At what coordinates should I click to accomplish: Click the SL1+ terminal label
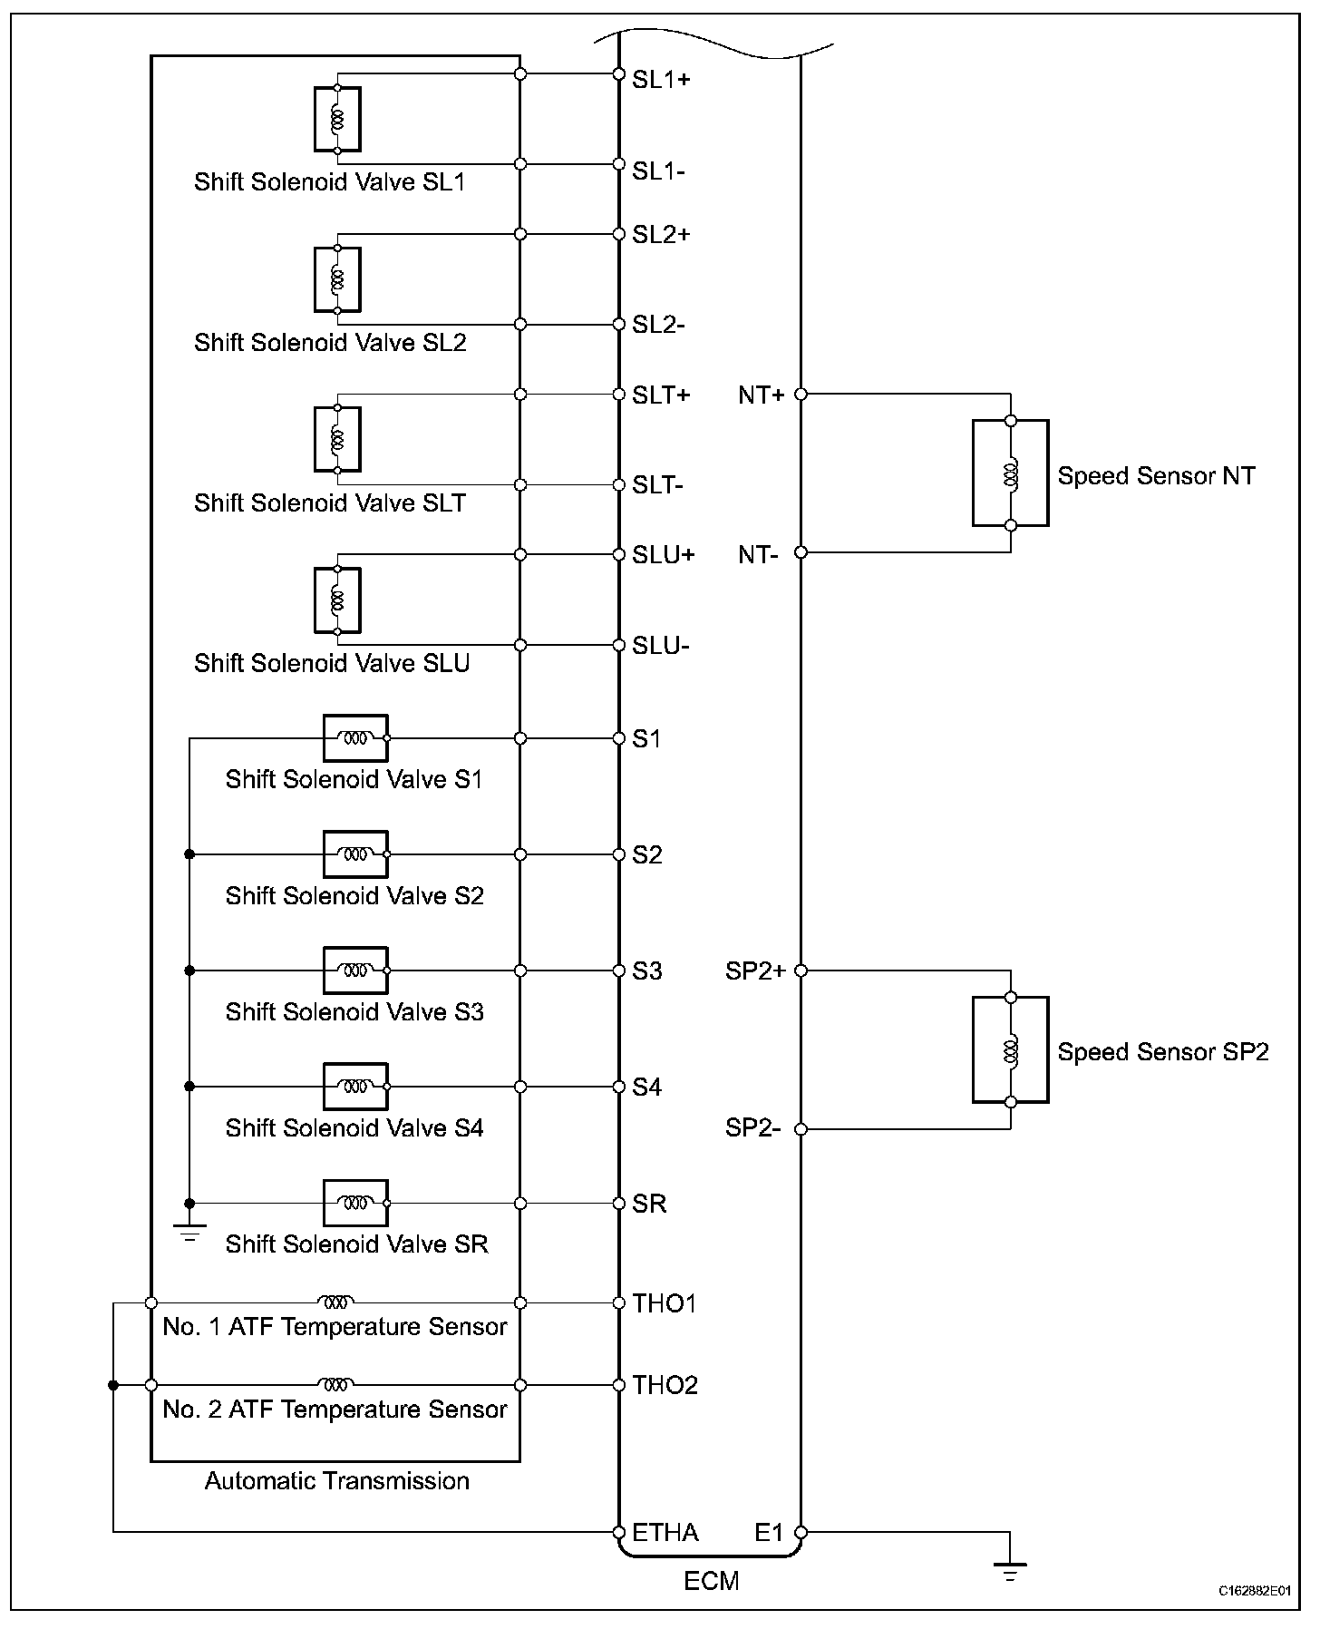(661, 80)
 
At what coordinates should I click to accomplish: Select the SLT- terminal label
(657, 485)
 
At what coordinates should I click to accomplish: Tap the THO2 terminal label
(665, 1385)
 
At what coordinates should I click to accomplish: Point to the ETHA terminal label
(665, 1532)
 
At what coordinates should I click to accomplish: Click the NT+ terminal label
(761, 395)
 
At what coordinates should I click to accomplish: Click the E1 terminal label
(769, 1532)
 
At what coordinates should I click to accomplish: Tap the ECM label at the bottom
(712, 1581)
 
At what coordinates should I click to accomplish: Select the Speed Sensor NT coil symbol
(1011, 473)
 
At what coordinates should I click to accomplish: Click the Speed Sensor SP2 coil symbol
(1011, 1050)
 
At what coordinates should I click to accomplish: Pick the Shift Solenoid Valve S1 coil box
(355, 738)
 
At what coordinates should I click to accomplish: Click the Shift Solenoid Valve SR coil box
(355, 1203)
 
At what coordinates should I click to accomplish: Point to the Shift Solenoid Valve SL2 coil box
(337, 279)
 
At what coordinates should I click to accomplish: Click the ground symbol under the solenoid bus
(189, 1233)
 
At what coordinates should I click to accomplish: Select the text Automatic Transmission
(336, 1481)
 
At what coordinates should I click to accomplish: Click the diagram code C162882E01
(1254, 1591)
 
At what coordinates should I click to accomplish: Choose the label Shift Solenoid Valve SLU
(332, 663)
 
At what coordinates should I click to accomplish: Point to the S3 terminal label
(647, 971)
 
